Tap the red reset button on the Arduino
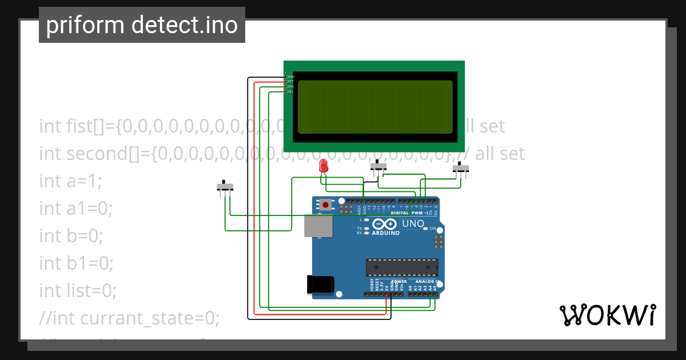(x=325, y=204)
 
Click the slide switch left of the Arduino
(x=225, y=187)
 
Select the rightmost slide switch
(x=461, y=169)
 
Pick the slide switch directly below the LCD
(x=378, y=167)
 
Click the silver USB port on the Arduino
(x=317, y=226)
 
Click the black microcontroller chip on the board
(x=402, y=267)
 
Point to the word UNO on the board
(x=413, y=223)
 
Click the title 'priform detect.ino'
(x=142, y=25)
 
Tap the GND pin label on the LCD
(x=291, y=77)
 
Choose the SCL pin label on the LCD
(x=290, y=91)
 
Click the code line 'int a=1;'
(x=70, y=181)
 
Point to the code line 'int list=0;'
(x=78, y=291)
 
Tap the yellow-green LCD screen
(x=375, y=107)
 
